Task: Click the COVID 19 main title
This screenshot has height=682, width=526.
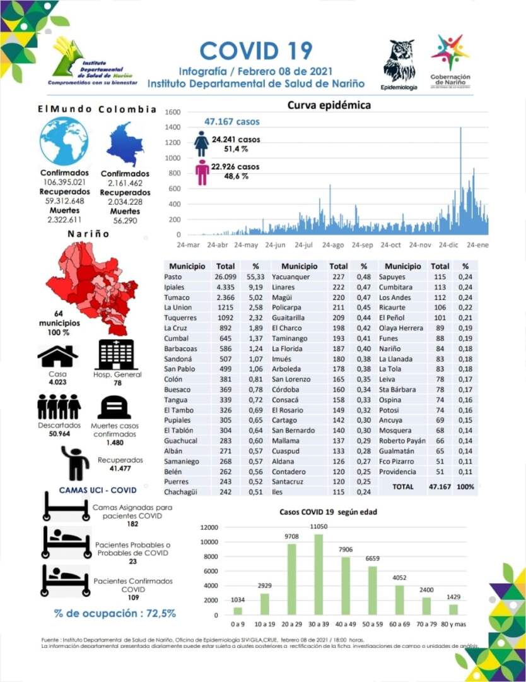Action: pyautogui.click(x=255, y=51)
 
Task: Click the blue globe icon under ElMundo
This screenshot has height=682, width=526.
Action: pyautogui.click(x=64, y=141)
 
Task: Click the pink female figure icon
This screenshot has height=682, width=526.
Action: pyautogui.click(x=202, y=172)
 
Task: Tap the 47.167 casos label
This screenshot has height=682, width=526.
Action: pyautogui.click(x=231, y=121)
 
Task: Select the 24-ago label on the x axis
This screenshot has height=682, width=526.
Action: pyautogui.click(x=333, y=245)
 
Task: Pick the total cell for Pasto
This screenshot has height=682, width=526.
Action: pyautogui.click(x=225, y=277)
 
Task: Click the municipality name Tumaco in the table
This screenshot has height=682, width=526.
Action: pyautogui.click(x=176, y=297)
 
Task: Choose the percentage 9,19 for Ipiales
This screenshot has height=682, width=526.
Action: pyautogui.click(x=255, y=287)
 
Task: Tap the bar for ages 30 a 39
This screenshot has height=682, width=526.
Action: pyautogui.click(x=319, y=575)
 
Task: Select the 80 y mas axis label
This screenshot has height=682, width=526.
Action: pyautogui.click(x=454, y=624)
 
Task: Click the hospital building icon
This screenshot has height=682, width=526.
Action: pyautogui.click(x=117, y=354)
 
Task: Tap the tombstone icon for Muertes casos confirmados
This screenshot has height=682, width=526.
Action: pyautogui.click(x=114, y=407)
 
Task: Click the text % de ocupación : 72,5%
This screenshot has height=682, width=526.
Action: pyautogui.click(x=115, y=613)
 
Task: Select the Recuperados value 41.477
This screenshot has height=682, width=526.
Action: pyautogui.click(x=120, y=469)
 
